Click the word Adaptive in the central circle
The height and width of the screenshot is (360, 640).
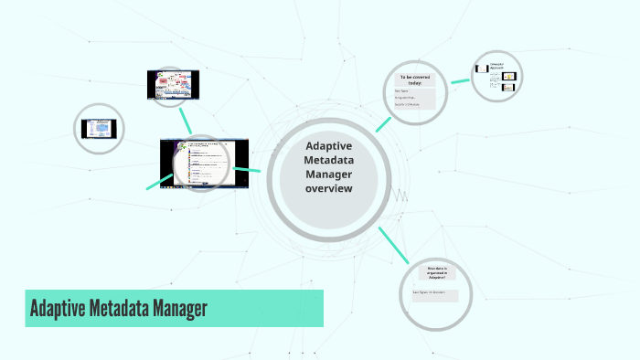pyautogui.click(x=329, y=145)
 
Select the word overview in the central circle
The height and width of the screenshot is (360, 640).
pyautogui.click(x=329, y=189)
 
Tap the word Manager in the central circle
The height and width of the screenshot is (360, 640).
pyautogui.click(x=329, y=175)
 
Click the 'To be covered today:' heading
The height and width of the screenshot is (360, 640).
pyautogui.click(x=414, y=80)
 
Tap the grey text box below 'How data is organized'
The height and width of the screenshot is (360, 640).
pyautogui.click(x=435, y=292)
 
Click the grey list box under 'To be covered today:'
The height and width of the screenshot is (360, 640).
pyautogui.click(x=414, y=99)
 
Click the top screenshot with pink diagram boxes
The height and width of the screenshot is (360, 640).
pyautogui.click(x=173, y=85)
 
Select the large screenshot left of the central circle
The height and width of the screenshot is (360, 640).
pyautogui.click(x=204, y=163)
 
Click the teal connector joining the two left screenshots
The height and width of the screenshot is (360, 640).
pyautogui.click(x=186, y=120)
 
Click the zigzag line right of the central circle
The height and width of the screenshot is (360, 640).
pyautogui.click(x=400, y=195)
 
